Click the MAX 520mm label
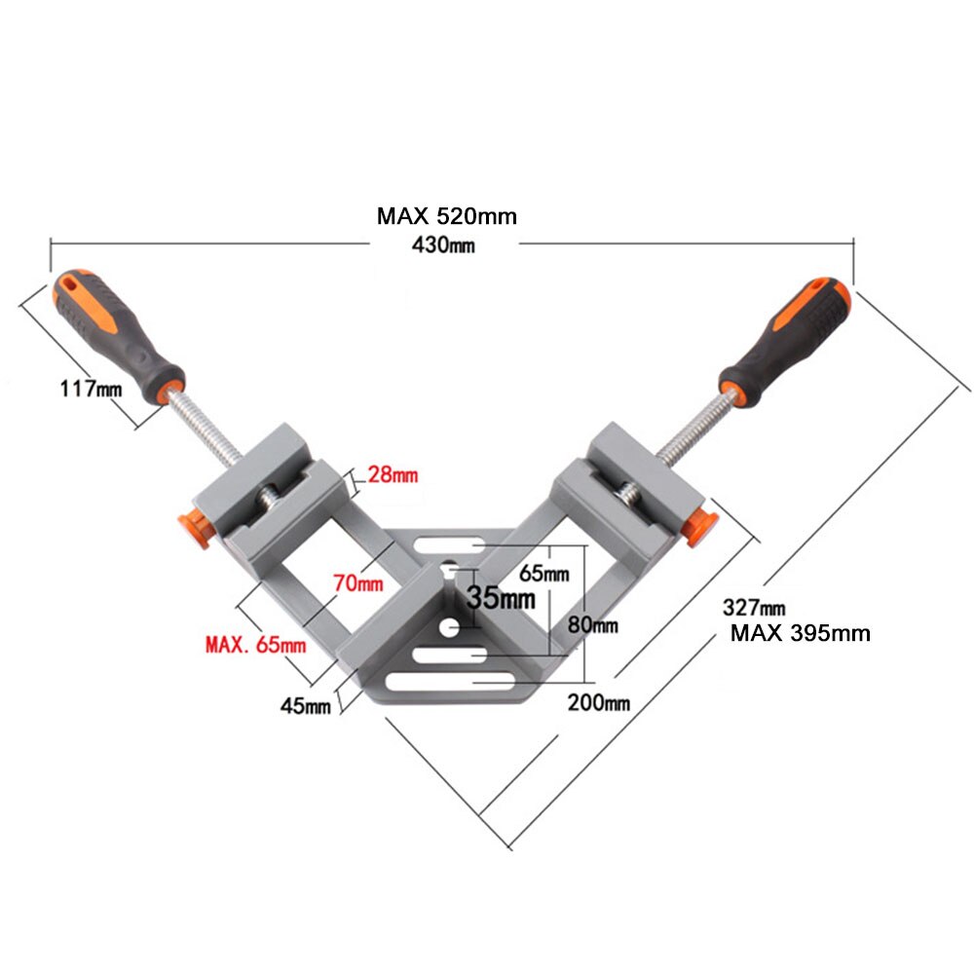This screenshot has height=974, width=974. [447, 216]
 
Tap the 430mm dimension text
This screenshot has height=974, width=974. [443, 245]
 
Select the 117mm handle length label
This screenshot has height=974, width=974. [91, 390]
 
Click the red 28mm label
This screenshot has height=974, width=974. [392, 475]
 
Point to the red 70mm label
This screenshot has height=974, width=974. [358, 584]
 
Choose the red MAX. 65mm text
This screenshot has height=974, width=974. [256, 644]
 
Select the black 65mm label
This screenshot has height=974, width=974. [543, 574]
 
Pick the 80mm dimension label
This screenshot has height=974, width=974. [593, 625]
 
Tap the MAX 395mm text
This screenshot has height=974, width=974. [801, 633]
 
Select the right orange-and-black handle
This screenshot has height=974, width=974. [785, 338]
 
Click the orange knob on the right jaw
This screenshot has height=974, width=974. [700, 525]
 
